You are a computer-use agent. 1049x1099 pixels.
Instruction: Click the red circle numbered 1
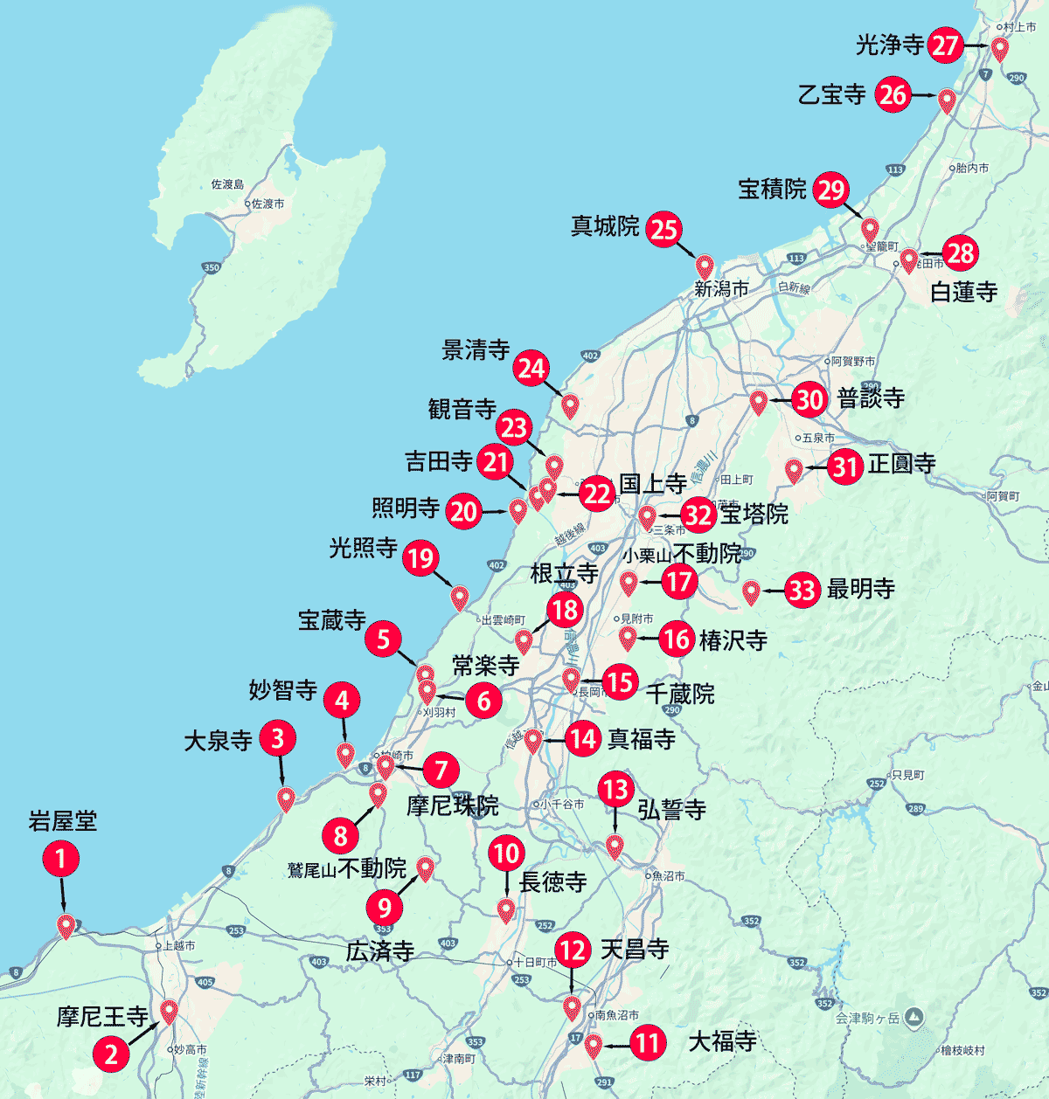61,858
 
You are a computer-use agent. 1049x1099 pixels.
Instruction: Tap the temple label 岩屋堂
62,821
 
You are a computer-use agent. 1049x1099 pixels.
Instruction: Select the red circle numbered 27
945,45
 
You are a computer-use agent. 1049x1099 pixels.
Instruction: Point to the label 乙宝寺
831,94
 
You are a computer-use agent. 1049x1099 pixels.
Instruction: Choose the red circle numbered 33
802,590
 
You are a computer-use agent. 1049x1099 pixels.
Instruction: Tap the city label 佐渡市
267,204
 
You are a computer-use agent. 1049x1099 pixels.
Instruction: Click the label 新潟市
721,288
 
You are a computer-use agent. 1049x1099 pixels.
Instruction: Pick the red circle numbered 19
421,557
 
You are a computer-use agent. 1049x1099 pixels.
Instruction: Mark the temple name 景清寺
476,350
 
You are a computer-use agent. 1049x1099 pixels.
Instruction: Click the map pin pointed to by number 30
758,401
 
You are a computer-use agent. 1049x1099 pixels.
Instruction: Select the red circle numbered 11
647,1042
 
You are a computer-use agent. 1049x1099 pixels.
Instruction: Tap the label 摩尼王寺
102,1016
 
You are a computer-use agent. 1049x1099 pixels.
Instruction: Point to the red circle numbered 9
384,908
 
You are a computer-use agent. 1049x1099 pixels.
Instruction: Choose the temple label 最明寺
861,589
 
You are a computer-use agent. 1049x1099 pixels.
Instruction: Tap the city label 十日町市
535,962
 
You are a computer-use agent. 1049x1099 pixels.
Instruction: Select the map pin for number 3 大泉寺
286,798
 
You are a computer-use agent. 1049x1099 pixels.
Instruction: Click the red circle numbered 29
830,190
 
